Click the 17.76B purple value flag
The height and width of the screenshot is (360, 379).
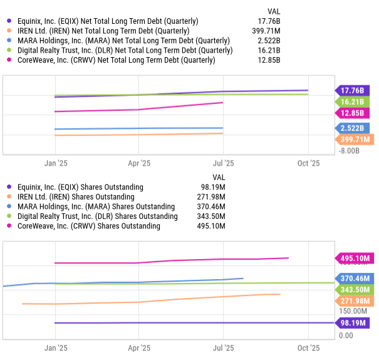[355, 90]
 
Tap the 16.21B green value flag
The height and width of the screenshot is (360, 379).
[355, 102]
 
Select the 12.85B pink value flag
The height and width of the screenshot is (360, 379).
[355, 113]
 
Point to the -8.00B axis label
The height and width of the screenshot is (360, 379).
[349, 151]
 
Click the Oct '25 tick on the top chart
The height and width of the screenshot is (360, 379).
[308, 163]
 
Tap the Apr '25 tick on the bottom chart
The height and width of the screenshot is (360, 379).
[138, 347]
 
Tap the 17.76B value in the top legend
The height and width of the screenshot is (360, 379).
[270, 21]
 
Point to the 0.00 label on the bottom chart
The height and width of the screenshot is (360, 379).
[346, 336]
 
